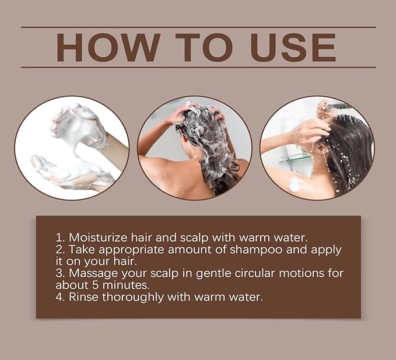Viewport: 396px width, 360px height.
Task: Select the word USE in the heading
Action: (293, 48)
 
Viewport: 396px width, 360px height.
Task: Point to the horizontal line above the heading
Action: (198, 27)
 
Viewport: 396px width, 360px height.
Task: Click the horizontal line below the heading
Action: (198, 68)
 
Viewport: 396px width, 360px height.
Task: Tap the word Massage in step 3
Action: (92, 273)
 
